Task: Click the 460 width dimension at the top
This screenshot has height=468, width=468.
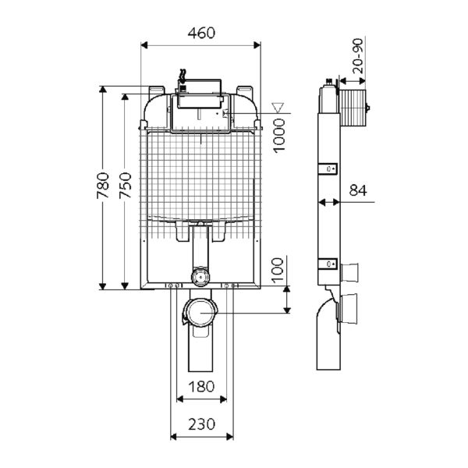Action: (201, 33)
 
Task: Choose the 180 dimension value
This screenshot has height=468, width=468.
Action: (200, 386)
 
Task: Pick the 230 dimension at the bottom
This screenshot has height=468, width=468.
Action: (200, 425)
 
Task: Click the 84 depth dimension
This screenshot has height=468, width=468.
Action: (358, 190)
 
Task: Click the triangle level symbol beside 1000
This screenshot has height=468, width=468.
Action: (274, 108)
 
